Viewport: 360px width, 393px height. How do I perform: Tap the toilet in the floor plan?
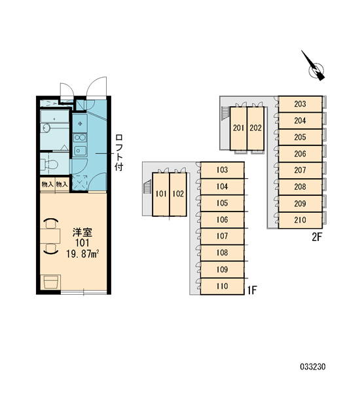50,164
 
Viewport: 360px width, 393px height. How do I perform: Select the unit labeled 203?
300,104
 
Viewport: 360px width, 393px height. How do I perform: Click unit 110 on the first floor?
222,286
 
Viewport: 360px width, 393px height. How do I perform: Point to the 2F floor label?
317,237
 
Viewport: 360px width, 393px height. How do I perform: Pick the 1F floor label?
252,290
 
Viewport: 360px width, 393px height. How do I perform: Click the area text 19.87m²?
82,254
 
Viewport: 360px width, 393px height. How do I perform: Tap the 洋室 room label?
82,233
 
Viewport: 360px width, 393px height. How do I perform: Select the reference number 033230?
313,367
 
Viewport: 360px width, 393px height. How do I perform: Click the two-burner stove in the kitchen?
80,138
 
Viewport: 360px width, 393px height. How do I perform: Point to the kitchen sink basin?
80,151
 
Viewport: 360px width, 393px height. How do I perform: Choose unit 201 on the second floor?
238,128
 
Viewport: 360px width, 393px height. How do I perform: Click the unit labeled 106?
222,220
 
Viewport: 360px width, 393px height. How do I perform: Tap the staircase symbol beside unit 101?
147,188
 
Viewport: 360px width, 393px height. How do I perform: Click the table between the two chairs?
50,236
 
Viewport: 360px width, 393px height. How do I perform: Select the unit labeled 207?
300,170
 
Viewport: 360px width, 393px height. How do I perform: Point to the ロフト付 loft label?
118,153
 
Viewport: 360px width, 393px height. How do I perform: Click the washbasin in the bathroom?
46,128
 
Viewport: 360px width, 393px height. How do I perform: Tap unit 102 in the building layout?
178,194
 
